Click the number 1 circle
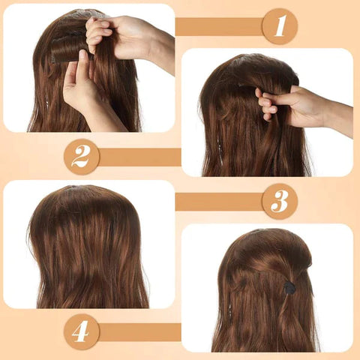[280, 26]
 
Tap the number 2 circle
[81, 157]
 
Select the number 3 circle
[280, 201]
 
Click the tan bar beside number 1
[218, 27]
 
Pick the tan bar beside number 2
[139, 157]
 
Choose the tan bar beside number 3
[218, 201]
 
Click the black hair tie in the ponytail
[288, 287]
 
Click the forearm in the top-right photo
[337, 116]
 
